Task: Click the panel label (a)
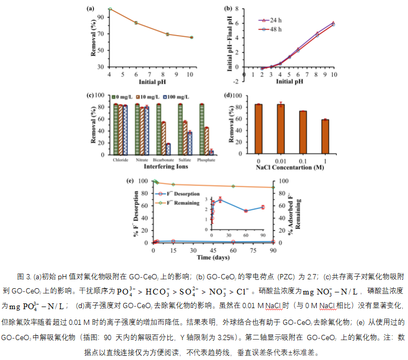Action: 90,8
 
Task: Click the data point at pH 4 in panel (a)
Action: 110,9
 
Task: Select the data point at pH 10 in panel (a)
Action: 191,37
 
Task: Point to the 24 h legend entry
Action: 271,20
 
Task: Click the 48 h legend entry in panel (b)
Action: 271,29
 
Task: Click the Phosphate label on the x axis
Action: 206,159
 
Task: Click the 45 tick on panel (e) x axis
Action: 213,250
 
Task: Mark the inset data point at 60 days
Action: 245,211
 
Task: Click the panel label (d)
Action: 228,96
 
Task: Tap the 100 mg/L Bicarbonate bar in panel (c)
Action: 168,148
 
